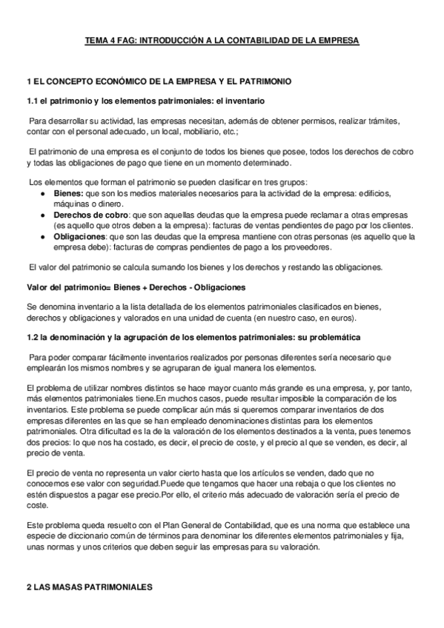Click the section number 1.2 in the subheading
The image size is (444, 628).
[31, 338]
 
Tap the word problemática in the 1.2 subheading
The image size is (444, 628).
[334, 338]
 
